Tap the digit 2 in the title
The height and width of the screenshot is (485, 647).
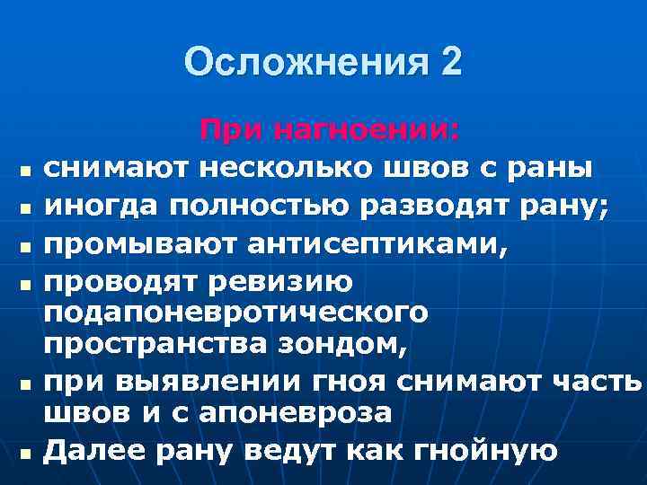[451, 62]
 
